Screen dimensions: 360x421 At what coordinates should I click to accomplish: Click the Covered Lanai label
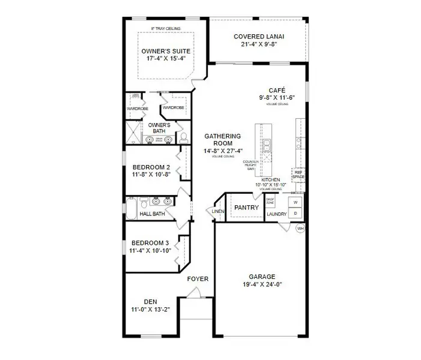pos(259,37)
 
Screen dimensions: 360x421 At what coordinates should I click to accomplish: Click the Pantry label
pos(246,208)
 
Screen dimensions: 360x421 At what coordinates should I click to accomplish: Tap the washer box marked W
pos(295,202)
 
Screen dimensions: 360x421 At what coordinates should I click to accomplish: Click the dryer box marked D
pos(295,213)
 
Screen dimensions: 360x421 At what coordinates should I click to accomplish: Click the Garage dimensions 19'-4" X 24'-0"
pos(261,285)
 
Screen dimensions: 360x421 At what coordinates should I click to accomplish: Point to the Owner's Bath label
pos(159,128)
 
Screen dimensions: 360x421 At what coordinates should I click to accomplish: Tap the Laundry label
pos(277,214)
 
